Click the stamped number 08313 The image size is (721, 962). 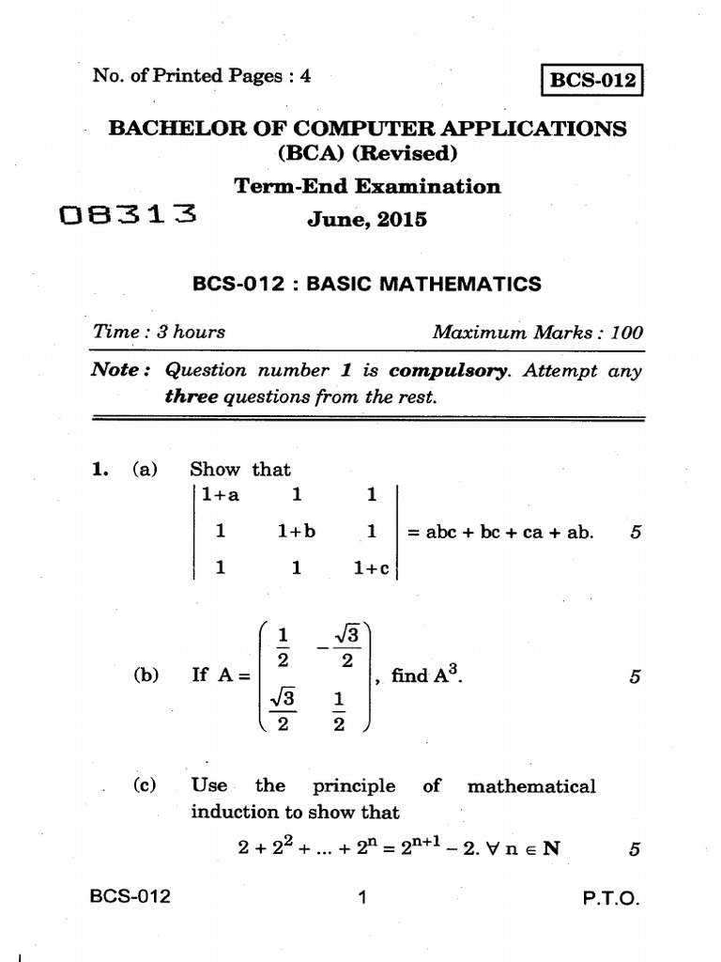pos(128,217)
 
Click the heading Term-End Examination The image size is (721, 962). pos(367,186)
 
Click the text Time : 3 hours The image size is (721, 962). pos(160,332)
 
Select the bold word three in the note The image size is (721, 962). pos(191,396)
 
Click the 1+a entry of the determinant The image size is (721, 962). pos(221,494)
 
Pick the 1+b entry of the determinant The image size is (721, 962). pos(297,531)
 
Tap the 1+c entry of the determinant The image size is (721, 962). pos(372,567)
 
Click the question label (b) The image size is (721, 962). pos(146,675)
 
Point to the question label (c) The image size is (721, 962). pos(146,785)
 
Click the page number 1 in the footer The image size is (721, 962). pos(361,898)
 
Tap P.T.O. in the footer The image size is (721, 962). pos(610,899)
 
